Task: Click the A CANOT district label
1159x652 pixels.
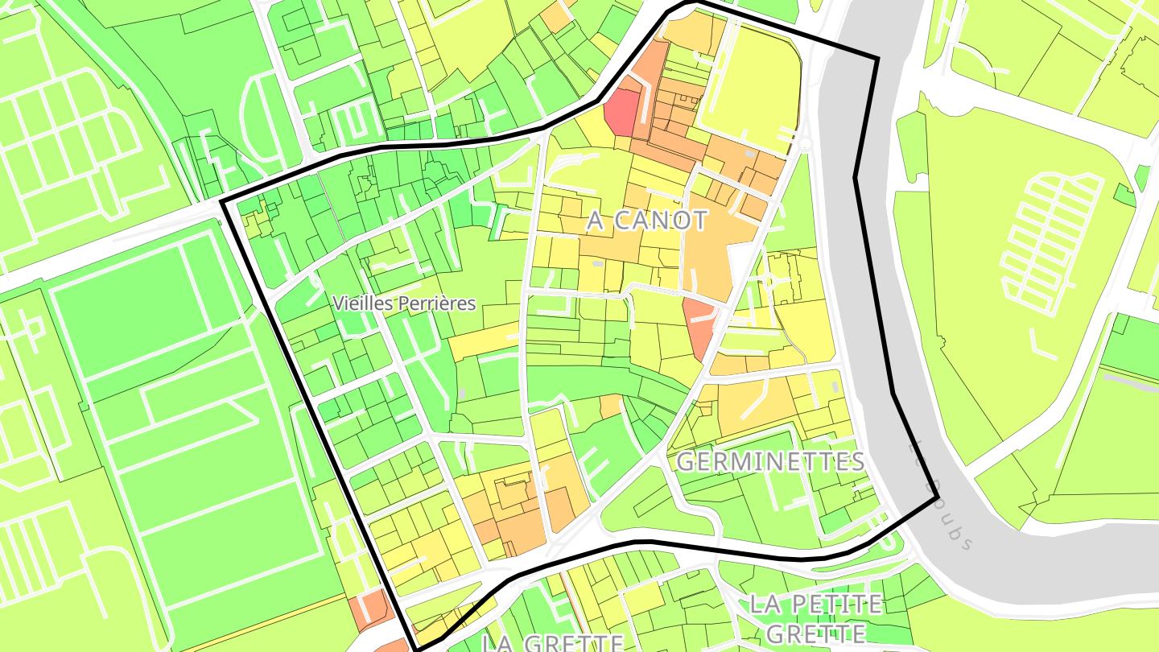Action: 647,221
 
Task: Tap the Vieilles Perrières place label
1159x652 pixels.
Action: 404,303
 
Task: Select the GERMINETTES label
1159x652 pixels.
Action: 770,462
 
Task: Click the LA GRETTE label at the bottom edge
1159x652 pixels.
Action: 553,643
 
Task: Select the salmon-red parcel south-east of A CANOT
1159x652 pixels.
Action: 699,322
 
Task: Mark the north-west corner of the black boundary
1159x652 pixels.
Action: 222,201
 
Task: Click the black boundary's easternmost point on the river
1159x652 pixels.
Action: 938,498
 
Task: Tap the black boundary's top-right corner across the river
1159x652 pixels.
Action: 876,58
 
